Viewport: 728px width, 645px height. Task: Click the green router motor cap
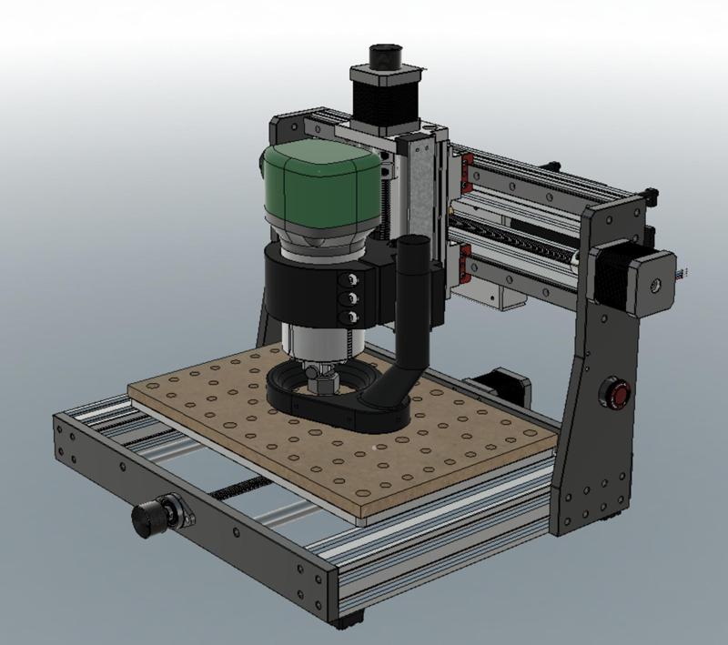pyautogui.click(x=318, y=186)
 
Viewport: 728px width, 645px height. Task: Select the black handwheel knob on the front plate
pyautogui.click(x=147, y=518)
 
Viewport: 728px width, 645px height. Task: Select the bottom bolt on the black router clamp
pyautogui.click(x=348, y=316)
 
